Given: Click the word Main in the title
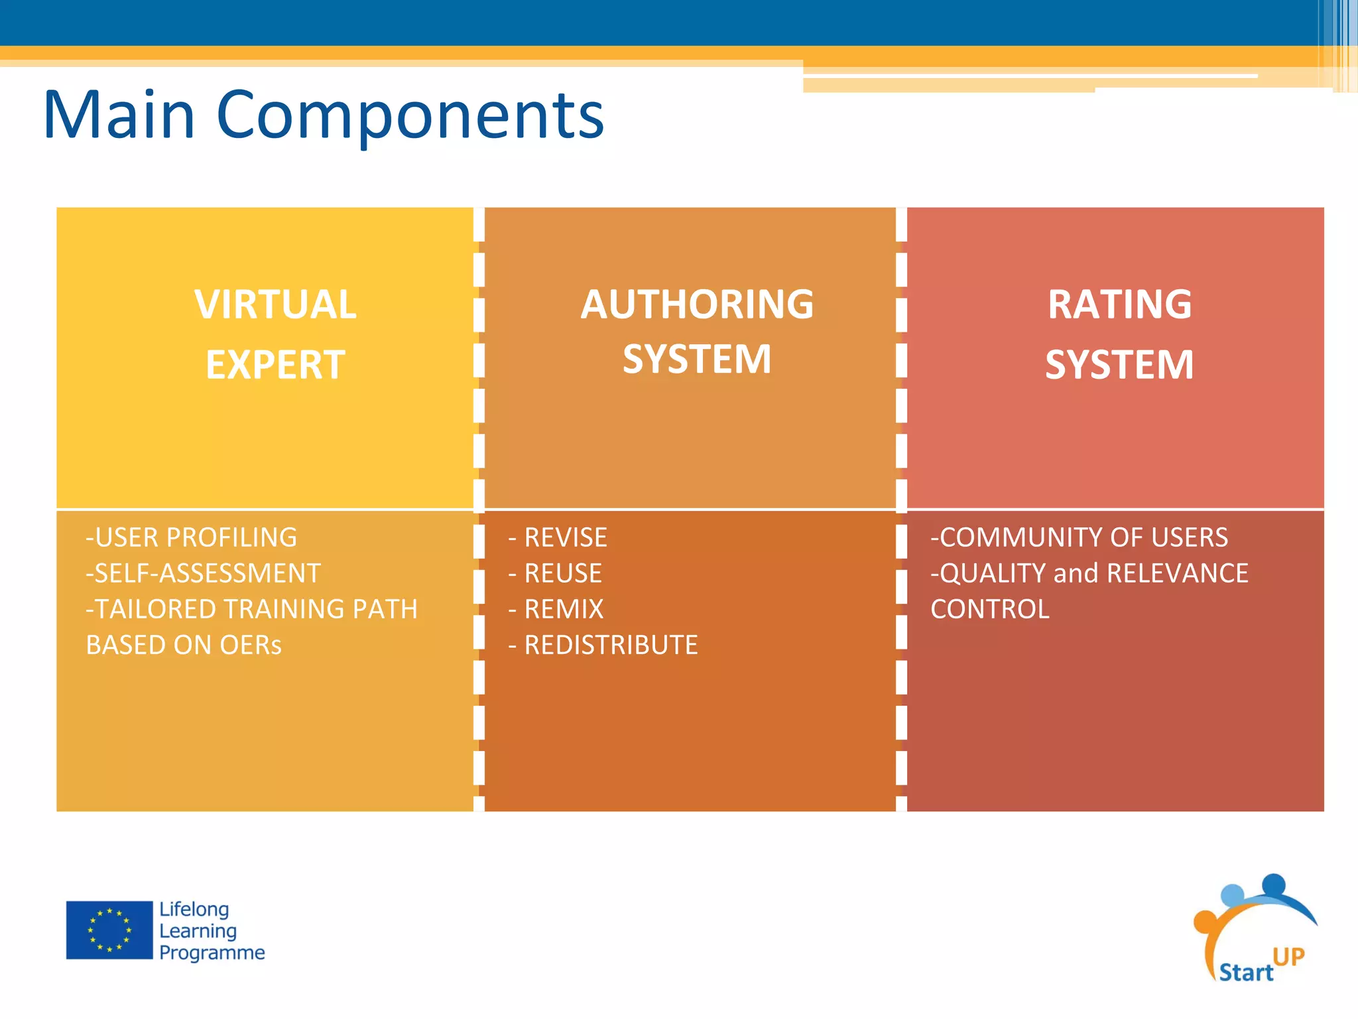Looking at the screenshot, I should coord(119,115).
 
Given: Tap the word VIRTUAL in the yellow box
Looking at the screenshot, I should coord(275,305).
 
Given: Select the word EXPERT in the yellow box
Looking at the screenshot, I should coord(275,365).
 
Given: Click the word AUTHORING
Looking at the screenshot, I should coord(697,305).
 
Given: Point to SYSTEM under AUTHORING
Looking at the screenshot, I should coord(697,359).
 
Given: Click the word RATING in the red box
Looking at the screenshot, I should coord(1119,305).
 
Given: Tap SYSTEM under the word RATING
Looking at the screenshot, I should coord(1119,365).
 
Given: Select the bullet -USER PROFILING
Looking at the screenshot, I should coord(192,537).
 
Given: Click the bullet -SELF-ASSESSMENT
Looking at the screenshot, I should coord(204,573).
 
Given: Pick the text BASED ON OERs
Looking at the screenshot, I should coord(184,645).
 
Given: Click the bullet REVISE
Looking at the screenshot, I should coord(565,537).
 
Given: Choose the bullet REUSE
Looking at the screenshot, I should coord(562,573).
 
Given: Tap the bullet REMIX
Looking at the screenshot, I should coord(564,609).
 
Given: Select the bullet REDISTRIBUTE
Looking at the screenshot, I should coord(610,645).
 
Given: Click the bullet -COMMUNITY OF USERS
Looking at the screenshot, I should coord(1079,537).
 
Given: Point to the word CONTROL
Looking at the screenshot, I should coord(990,609).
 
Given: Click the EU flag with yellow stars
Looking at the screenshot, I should coord(109,930).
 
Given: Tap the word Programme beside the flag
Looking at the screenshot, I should coord(212,953).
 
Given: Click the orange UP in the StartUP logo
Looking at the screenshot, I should coord(1288,957).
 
